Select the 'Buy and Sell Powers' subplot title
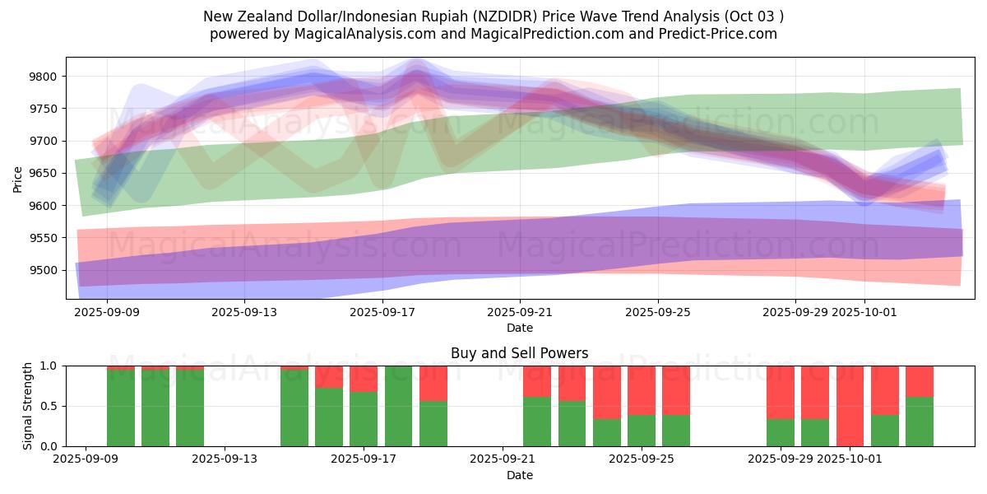point(519,353)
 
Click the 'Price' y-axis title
point(18,179)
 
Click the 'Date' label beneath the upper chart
point(519,328)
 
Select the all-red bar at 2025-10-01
point(850,406)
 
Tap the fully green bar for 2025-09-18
point(398,406)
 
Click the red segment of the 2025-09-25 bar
point(676,389)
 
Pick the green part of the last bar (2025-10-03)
point(920,422)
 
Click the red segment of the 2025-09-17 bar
point(364,378)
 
